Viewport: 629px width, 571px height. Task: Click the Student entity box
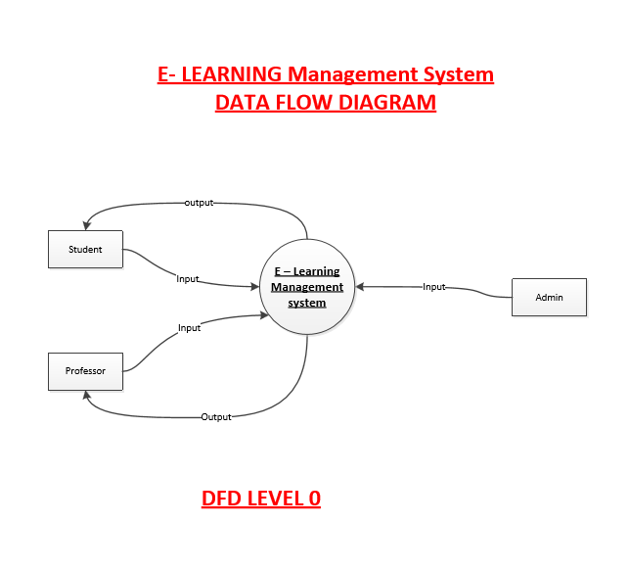(85, 249)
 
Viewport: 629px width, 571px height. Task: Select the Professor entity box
(85, 371)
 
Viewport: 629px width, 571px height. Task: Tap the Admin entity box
(549, 297)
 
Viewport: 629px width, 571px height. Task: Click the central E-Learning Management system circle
(307, 287)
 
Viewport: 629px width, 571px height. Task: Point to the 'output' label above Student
(199, 203)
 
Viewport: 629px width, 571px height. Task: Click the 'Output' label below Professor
(216, 417)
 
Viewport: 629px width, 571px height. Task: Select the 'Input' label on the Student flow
(188, 279)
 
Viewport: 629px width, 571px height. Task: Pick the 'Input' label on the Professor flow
(189, 328)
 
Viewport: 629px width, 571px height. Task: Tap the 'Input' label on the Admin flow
(433, 287)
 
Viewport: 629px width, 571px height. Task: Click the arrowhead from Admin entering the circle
(361, 287)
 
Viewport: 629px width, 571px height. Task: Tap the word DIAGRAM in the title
(386, 102)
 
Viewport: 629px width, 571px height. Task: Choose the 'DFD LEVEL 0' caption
(261, 499)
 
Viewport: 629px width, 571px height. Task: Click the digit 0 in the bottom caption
(314, 499)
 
